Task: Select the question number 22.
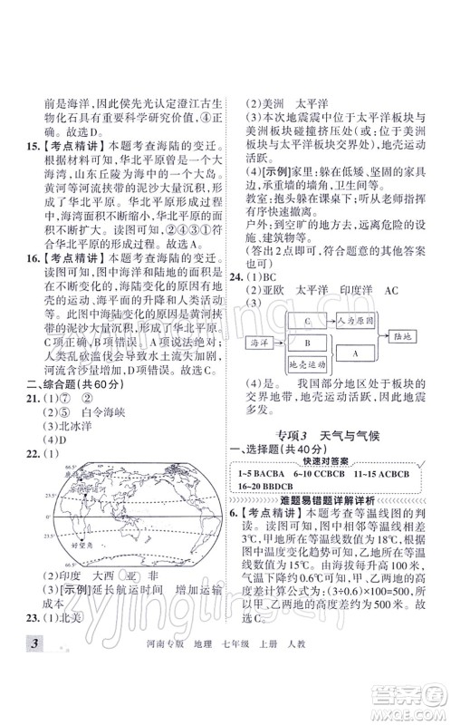point(26,454)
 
